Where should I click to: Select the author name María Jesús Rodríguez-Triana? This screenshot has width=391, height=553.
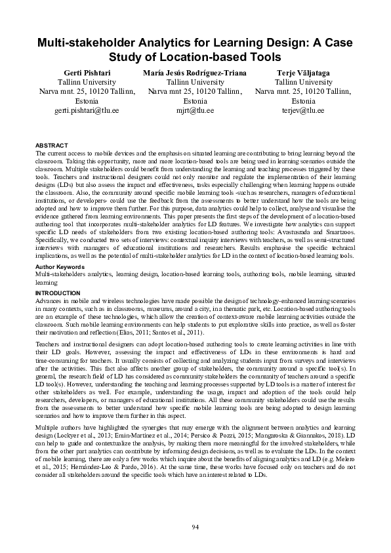195,72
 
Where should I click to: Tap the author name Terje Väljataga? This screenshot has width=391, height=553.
298,72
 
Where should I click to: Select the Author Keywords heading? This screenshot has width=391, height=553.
59,268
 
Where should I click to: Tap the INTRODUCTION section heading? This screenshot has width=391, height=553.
57,292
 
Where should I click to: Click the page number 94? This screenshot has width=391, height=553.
195,527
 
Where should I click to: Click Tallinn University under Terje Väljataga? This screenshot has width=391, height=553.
298,82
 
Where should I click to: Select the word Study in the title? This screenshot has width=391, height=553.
131,57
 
